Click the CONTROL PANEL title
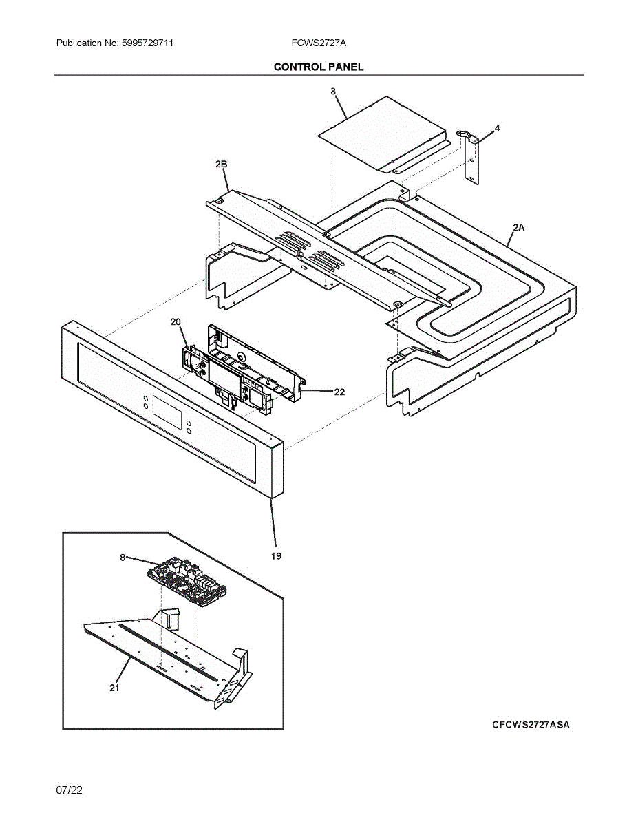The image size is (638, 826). click(x=319, y=67)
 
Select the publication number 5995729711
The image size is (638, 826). click(x=146, y=43)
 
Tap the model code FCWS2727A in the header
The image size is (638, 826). click(x=319, y=43)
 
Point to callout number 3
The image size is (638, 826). click(x=333, y=92)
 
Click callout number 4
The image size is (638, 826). click(x=497, y=129)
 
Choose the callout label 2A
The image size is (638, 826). click(x=518, y=227)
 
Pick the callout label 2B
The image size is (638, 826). click(x=221, y=164)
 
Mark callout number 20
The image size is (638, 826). click(x=176, y=322)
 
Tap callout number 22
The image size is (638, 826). click(x=339, y=392)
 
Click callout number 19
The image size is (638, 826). click(x=275, y=556)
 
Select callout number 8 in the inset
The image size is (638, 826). click(x=123, y=558)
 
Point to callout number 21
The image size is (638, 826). click(x=114, y=687)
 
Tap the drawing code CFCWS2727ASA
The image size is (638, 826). click(x=531, y=725)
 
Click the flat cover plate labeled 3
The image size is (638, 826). click(x=382, y=133)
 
